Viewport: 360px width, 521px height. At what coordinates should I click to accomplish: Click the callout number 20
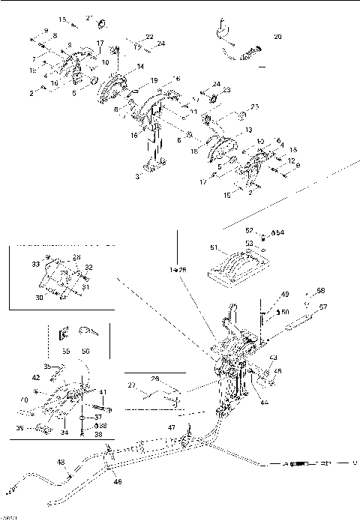click(278, 36)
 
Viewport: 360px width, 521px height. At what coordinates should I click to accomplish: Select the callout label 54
click(280, 233)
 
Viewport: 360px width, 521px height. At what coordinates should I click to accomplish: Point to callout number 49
click(264, 294)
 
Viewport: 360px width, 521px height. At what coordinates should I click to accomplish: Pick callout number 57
click(323, 307)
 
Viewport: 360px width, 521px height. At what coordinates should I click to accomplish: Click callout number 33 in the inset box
click(34, 264)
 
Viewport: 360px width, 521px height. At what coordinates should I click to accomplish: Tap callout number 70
click(25, 401)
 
